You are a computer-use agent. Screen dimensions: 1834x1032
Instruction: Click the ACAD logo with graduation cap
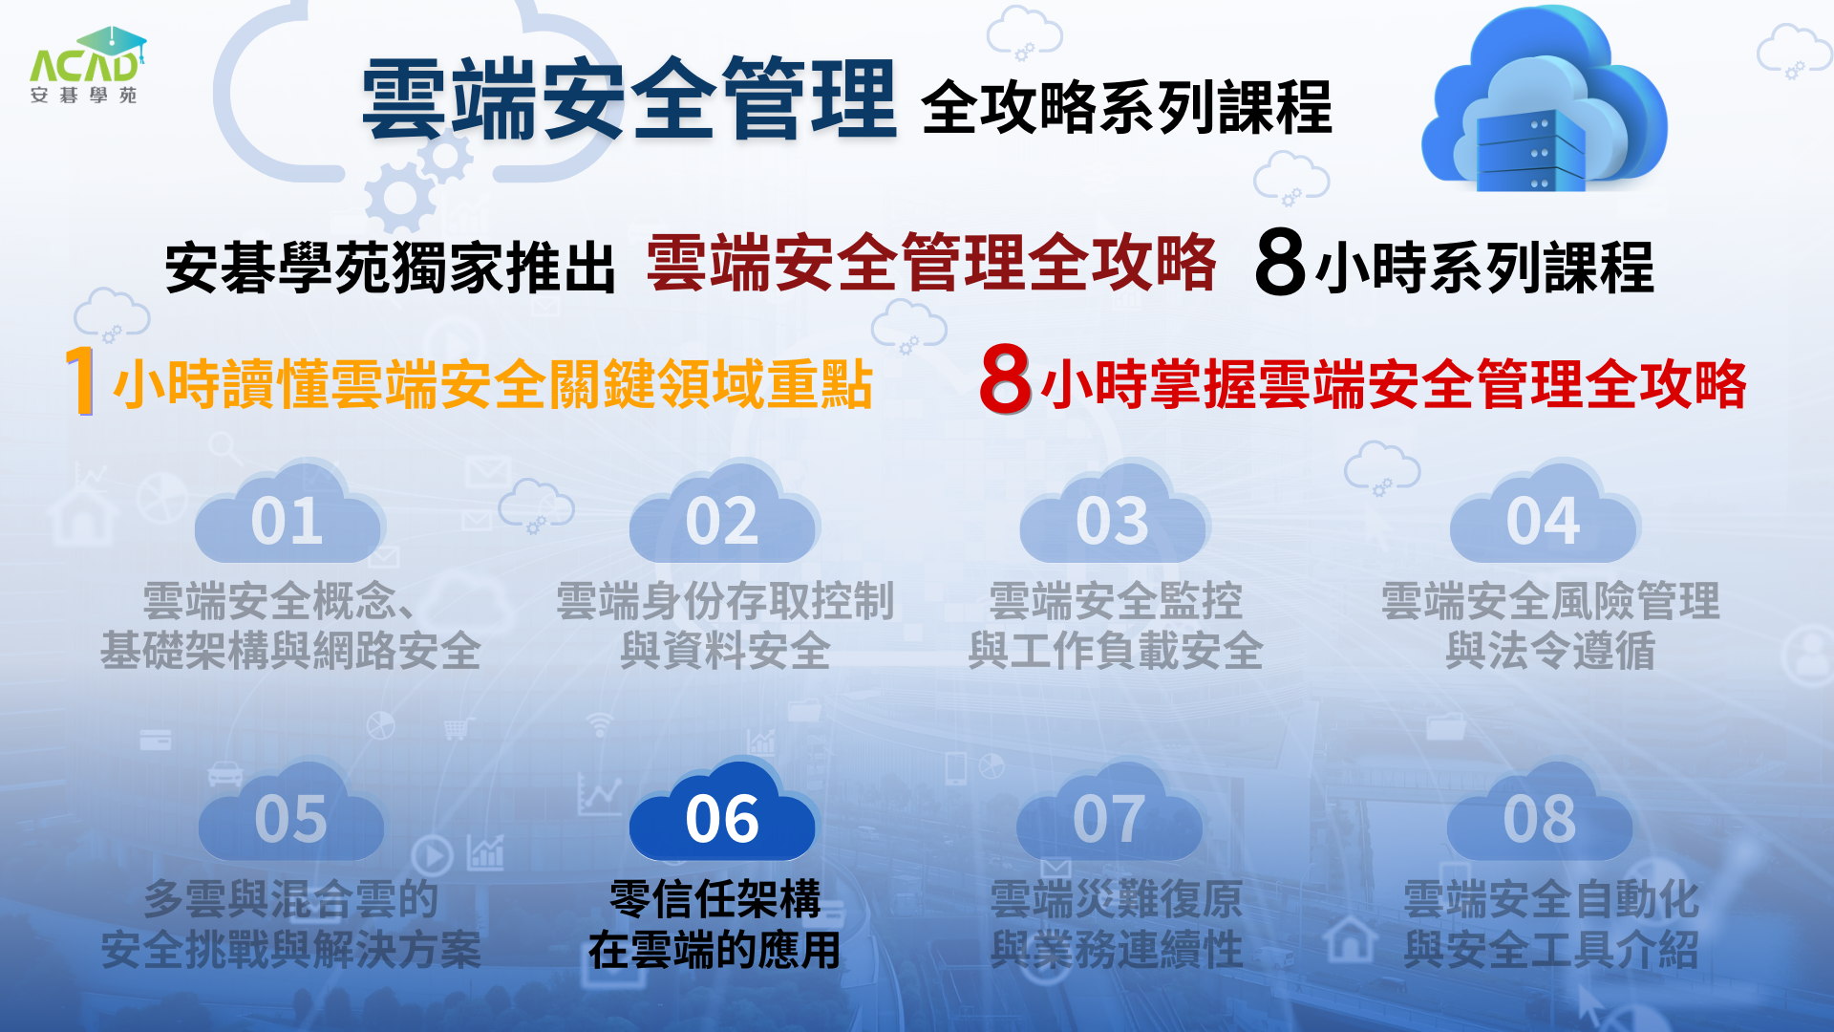(87, 65)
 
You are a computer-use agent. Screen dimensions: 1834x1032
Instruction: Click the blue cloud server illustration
(1544, 100)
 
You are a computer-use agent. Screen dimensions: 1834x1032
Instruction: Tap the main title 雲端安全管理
(629, 98)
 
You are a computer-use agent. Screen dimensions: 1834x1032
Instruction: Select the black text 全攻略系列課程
(1126, 107)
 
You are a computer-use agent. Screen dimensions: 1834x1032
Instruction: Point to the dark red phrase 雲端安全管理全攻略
(931, 263)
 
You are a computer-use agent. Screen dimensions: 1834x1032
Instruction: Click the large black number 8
(1280, 262)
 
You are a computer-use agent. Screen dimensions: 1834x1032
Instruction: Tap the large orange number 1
(81, 380)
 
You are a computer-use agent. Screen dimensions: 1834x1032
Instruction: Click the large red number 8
(1006, 379)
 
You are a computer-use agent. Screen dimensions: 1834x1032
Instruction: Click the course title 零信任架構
(714, 899)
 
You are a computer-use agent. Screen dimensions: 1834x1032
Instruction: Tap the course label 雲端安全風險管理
(1550, 601)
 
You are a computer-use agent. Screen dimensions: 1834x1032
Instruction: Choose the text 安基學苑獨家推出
(390, 268)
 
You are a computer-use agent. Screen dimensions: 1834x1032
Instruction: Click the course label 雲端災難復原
(1116, 899)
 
